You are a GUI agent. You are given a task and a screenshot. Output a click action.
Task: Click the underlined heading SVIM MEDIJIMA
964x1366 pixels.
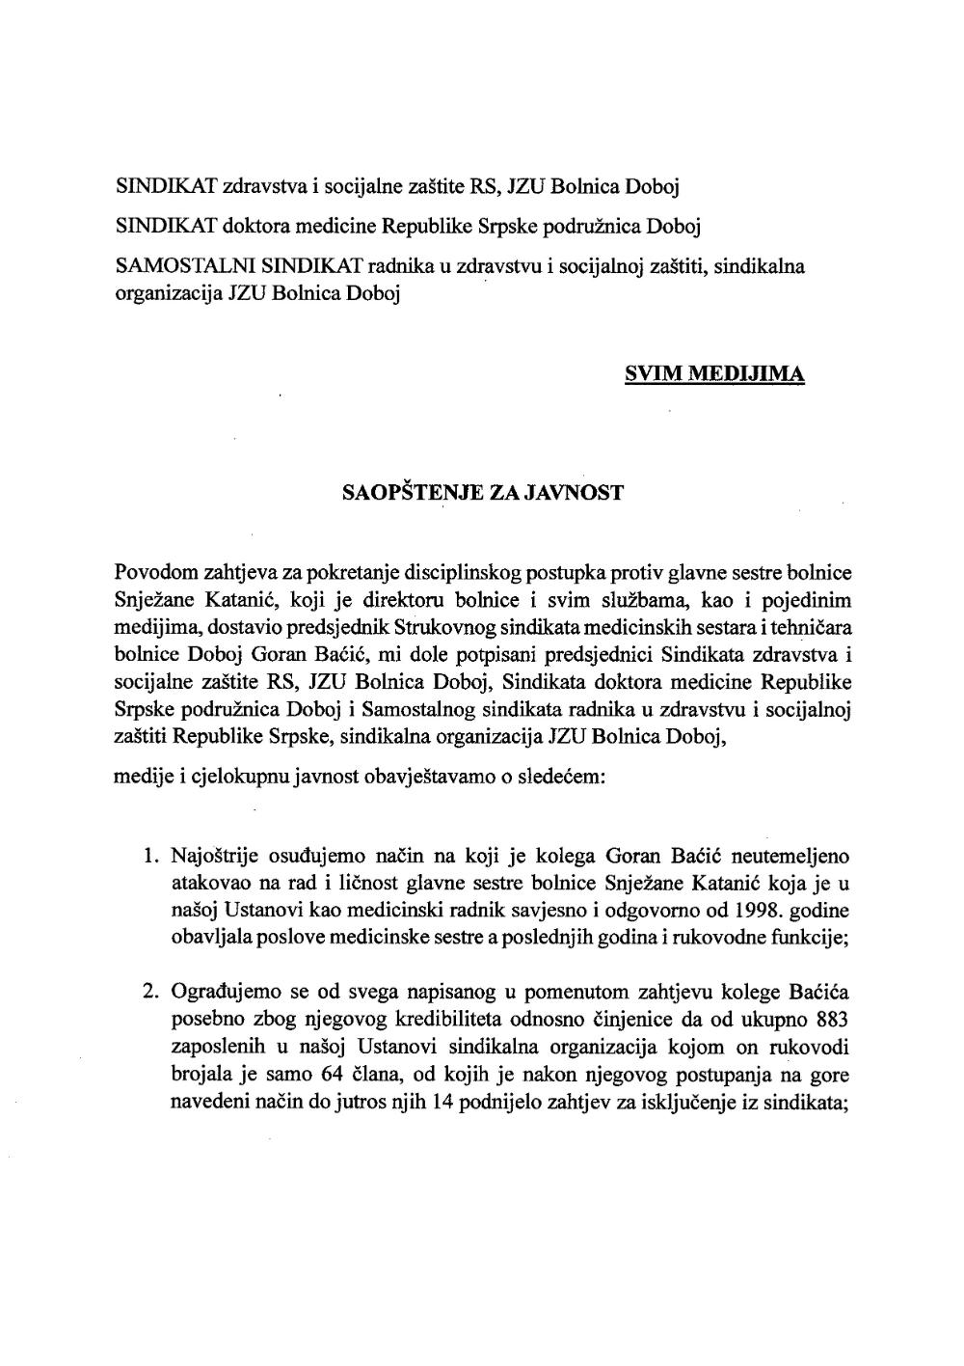point(714,375)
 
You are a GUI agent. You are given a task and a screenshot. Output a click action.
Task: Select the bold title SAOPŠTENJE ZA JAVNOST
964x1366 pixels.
point(483,493)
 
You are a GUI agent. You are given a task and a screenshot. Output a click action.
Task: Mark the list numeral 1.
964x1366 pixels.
point(149,855)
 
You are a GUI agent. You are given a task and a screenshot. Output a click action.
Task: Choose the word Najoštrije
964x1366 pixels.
point(214,855)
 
